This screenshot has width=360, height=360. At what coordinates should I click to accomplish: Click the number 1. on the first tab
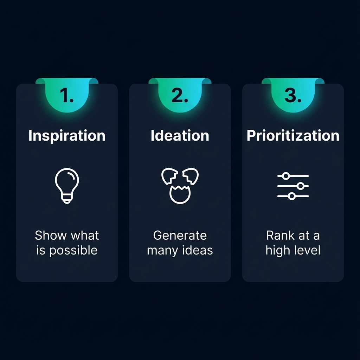[x=67, y=96]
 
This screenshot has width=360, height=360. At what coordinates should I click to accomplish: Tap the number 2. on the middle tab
[x=180, y=96]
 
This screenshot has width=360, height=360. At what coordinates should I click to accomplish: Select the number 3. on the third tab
[x=293, y=96]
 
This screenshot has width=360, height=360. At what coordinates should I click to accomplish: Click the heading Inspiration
[x=67, y=136]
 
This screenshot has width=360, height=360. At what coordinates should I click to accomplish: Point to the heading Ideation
[x=180, y=136]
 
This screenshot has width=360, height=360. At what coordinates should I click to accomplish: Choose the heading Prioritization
[x=293, y=136]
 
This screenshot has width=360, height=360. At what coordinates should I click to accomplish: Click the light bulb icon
[x=67, y=185]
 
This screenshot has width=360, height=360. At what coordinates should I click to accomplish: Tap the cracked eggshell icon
[x=180, y=185]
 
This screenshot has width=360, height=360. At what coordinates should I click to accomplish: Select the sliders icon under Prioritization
[x=293, y=186]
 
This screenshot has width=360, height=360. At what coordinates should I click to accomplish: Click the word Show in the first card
[x=48, y=235]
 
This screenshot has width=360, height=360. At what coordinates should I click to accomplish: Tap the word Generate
[x=180, y=235]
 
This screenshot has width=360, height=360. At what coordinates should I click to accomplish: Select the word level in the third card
[x=308, y=250]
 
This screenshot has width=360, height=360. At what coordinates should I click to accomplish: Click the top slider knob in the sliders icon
[x=286, y=176]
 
